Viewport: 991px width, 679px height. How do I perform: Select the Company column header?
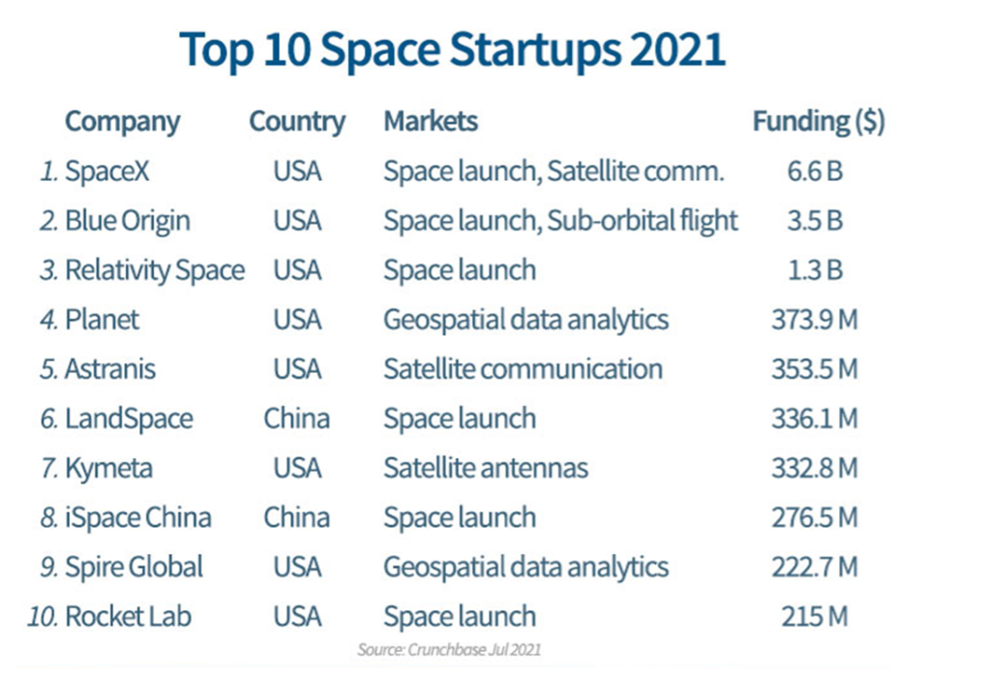122,122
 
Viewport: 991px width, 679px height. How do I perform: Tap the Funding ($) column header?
818,122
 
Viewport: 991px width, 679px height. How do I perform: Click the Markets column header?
431,122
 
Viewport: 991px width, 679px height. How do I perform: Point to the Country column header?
297,122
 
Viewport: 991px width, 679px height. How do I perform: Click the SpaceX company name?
106,171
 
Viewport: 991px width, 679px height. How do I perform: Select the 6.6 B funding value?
815,171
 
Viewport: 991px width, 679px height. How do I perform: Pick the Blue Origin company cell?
127,221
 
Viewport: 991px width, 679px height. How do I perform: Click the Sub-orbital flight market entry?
643,221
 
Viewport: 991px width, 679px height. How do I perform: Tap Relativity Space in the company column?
154,270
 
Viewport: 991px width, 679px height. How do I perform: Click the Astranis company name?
109,369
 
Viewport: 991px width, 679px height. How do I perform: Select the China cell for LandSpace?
297,418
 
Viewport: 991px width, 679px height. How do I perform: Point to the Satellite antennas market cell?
486,468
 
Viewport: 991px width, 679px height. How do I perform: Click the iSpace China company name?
137,517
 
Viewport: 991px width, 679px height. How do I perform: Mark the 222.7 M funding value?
815,567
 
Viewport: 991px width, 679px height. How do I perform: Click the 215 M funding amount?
815,616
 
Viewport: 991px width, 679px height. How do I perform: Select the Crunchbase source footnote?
449,649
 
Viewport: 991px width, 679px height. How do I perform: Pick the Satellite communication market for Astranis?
523,369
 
